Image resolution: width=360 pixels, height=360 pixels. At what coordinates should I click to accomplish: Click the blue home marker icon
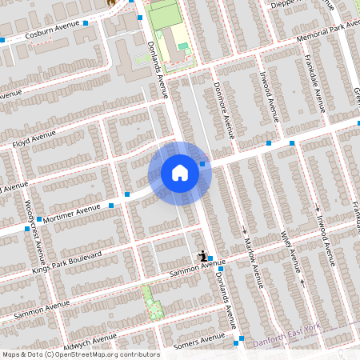tap(180, 173)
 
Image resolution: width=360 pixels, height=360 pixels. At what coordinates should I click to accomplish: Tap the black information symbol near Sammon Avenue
tap(203, 255)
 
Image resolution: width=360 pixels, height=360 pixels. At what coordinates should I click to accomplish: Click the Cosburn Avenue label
tap(54, 34)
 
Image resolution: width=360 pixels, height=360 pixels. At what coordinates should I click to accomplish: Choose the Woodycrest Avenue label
tap(36, 232)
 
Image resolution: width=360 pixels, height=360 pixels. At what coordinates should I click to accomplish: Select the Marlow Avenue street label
tap(252, 260)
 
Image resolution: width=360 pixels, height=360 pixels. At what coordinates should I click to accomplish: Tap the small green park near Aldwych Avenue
tap(147, 301)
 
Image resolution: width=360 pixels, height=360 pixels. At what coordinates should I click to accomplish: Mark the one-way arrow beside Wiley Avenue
tap(302, 282)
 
